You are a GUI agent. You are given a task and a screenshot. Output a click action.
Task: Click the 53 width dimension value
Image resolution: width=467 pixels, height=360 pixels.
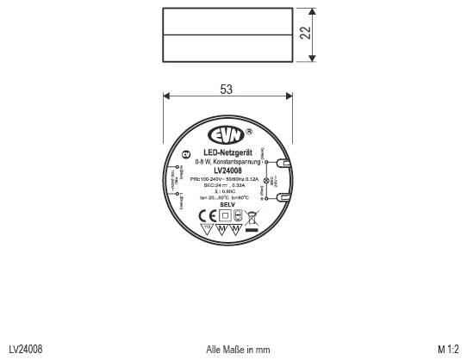[226, 90]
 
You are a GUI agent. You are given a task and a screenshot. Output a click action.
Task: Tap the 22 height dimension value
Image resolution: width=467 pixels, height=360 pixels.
[304, 34]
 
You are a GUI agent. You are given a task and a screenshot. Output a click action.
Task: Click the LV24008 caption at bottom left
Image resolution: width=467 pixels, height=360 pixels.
[26, 349]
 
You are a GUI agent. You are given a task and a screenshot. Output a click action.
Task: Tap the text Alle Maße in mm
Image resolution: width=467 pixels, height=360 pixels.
[239, 349]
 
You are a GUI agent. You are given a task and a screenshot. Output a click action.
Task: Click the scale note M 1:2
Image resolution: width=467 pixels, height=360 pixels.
[448, 349]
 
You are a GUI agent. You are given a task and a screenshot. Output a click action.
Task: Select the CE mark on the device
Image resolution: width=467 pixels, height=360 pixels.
[207, 215]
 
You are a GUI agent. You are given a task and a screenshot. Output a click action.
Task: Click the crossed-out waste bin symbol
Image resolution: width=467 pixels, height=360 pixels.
[252, 215]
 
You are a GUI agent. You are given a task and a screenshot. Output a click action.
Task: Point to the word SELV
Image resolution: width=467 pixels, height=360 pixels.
[227, 204]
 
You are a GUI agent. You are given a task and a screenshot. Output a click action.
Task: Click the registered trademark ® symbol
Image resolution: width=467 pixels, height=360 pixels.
[249, 132]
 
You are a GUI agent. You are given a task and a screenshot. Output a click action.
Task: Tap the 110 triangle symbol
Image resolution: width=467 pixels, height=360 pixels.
[207, 230]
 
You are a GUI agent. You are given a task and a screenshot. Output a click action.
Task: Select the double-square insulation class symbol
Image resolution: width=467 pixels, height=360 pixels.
[225, 215]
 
